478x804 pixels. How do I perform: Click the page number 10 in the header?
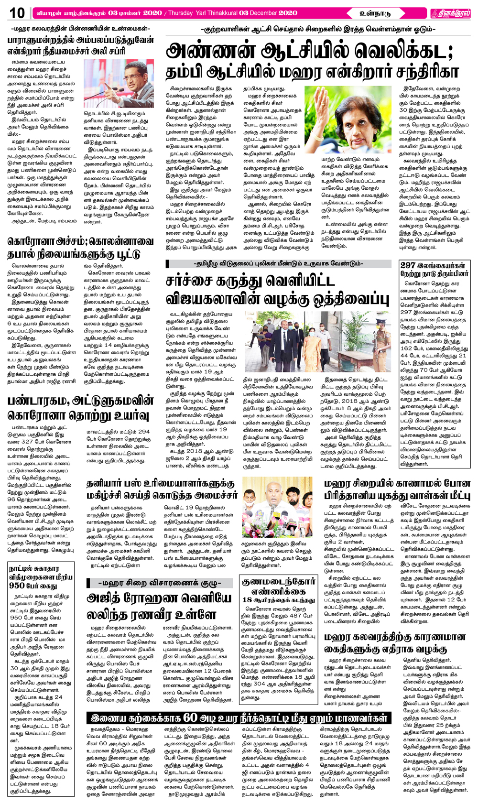point(17,13)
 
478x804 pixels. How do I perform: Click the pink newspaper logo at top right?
point(449,13)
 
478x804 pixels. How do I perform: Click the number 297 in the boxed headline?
point(408,266)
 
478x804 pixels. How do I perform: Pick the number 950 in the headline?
point(16,586)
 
